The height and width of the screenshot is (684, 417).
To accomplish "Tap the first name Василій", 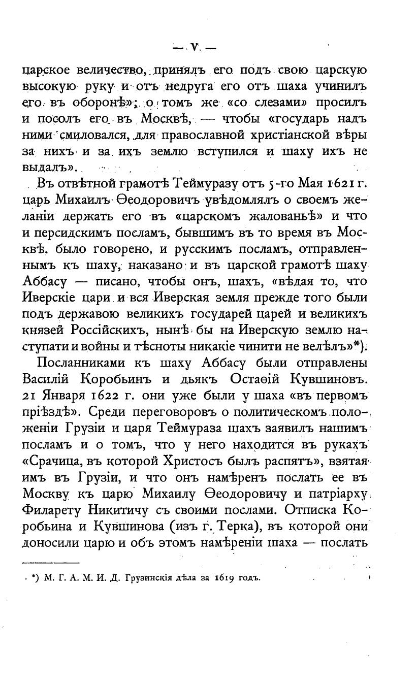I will click(51, 380).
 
